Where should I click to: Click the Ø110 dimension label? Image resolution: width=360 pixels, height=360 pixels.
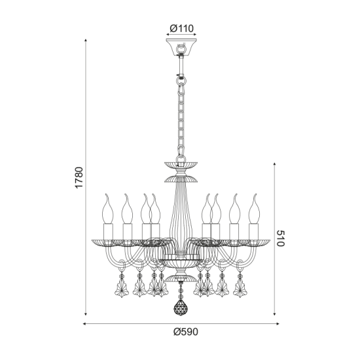181,28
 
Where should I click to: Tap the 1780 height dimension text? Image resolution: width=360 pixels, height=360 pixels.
79,177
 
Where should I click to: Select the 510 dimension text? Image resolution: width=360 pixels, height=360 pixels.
280,238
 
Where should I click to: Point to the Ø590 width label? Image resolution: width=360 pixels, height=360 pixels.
185,332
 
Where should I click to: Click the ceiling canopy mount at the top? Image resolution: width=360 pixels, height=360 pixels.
181,47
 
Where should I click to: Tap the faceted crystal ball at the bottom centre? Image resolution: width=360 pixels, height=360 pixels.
181,307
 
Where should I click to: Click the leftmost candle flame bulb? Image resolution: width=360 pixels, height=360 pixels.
107,208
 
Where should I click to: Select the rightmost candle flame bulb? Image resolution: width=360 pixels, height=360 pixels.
254,208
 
